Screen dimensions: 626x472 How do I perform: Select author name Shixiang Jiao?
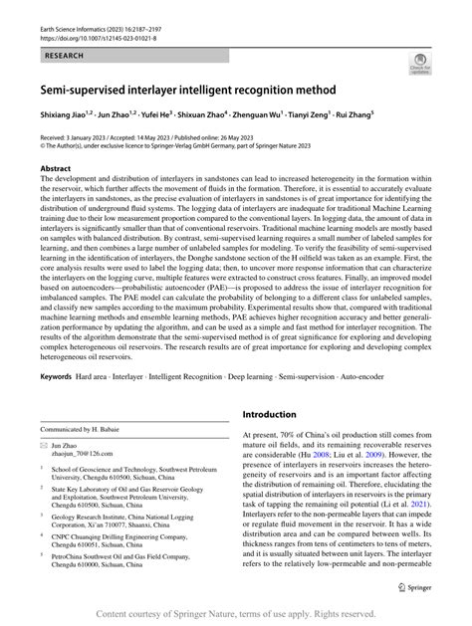click(x=65, y=115)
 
